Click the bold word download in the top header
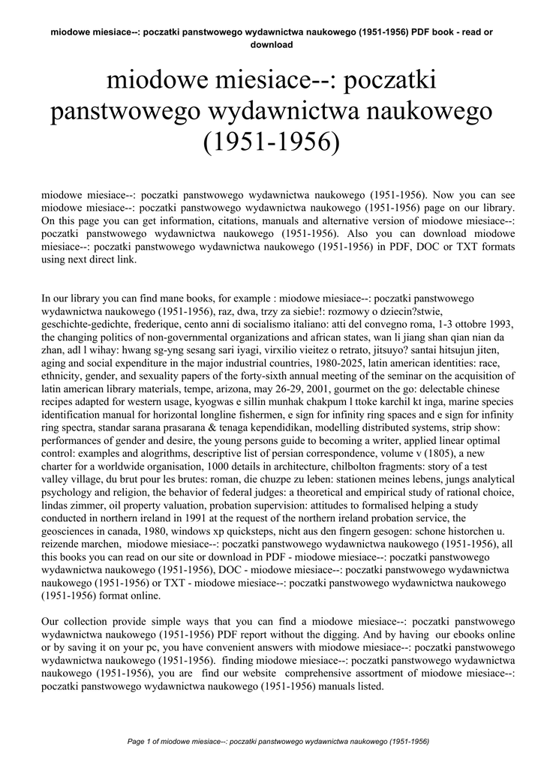pos(271,44)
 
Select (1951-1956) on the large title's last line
pos(272,140)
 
